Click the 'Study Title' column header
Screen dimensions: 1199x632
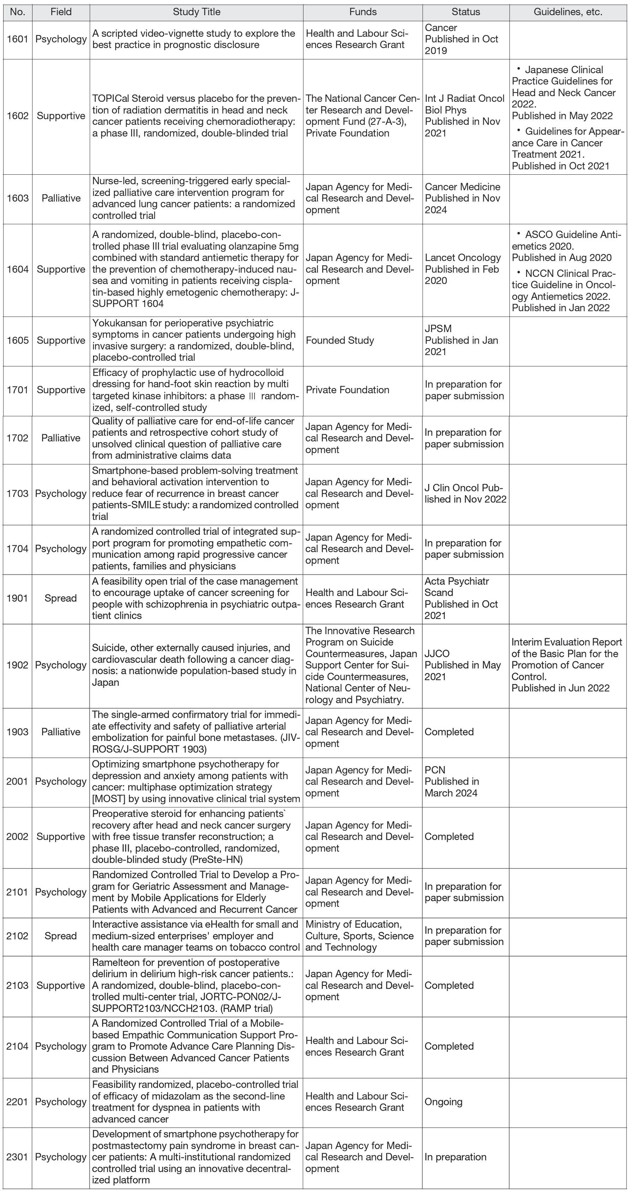coord(196,12)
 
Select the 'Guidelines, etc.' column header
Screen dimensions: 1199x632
coord(567,12)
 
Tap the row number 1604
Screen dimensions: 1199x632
coord(18,269)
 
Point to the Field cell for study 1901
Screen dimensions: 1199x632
coord(60,598)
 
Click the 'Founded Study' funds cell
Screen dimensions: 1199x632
coord(339,340)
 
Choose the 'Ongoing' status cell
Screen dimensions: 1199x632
coord(443,1102)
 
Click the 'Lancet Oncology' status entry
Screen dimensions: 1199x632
coord(463,258)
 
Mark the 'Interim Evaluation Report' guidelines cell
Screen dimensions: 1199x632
coord(566,665)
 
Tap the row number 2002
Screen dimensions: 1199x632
coord(17,836)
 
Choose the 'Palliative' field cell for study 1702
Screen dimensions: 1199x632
coord(60,438)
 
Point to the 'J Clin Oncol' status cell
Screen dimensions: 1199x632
coord(465,493)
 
